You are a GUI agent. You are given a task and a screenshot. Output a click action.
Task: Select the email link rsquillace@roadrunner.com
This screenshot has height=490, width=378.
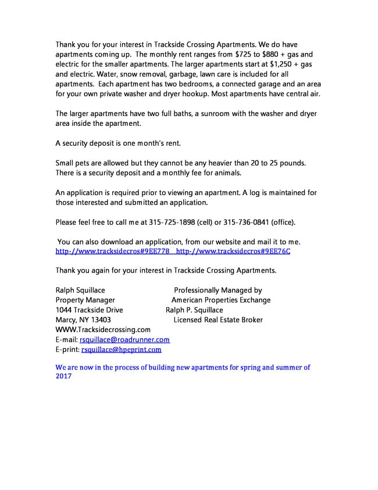pyautogui.click(x=124, y=340)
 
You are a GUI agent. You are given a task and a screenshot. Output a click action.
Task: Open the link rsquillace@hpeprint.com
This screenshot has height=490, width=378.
pyautogui.click(x=121, y=350)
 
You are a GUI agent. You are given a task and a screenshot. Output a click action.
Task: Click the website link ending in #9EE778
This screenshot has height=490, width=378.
pyautogui.click(x=111, y=251)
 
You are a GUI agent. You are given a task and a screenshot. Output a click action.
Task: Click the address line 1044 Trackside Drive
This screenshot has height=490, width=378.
pyautogui.click(x=89, y=310)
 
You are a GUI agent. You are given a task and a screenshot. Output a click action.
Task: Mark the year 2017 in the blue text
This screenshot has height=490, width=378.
pyautogui.click(x=63, y=376)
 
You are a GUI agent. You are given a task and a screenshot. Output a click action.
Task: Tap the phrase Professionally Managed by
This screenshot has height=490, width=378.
pyautogui.click(x=218, y=290)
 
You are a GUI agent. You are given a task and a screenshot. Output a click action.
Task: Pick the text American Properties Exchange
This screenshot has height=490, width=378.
pyautogui.click(x=221, y=300)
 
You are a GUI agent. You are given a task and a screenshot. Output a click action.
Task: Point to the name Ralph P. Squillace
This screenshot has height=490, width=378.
pyautogui.click(x=194, y=310)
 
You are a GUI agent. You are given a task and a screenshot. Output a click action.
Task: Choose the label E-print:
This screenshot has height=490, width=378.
pyautogui.click(x=67, y=350)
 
